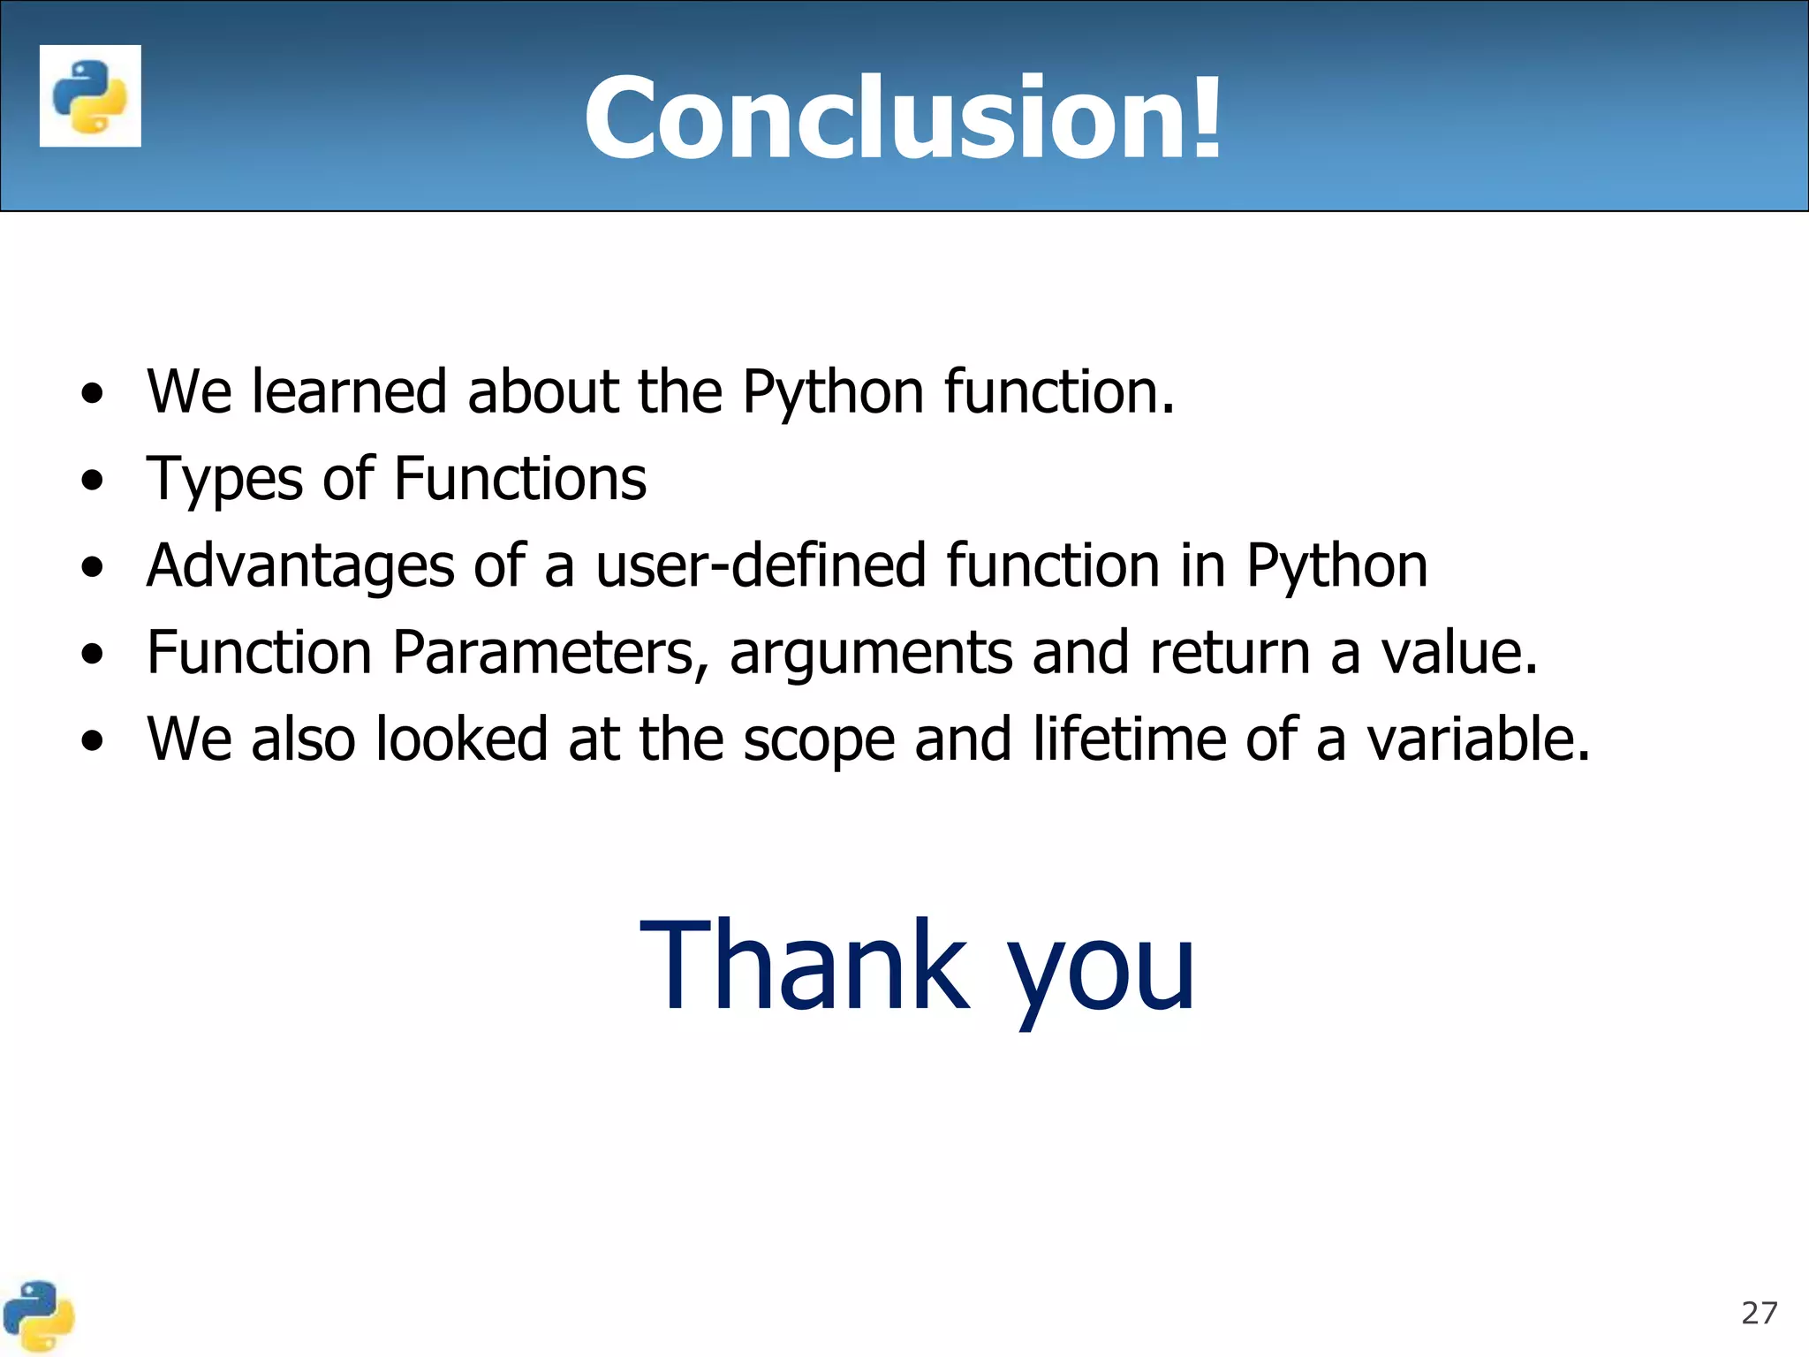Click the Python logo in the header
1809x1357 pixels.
[90, 95]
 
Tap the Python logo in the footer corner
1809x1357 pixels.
[38, 1316]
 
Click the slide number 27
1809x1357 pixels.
[1759, 1313]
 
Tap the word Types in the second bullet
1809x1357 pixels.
[224, 481]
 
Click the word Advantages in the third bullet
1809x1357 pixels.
[300, 566]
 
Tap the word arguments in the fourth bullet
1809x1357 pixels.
[870, 655]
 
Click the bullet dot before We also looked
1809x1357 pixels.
[92, 742]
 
